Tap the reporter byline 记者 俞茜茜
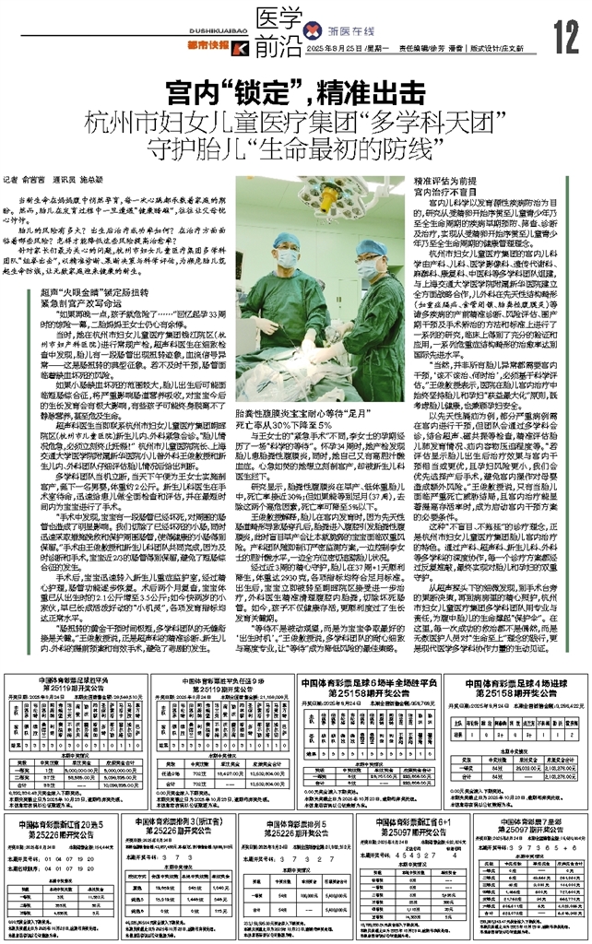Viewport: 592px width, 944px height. point(42,182)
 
